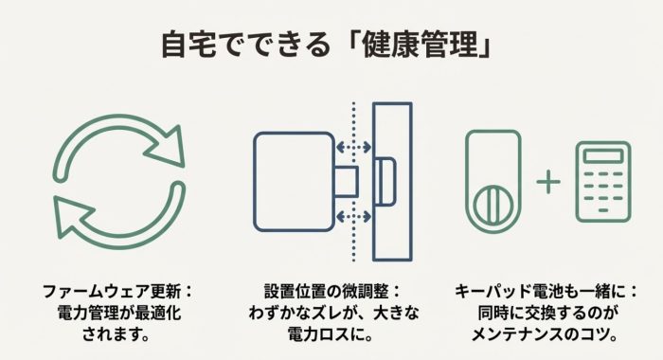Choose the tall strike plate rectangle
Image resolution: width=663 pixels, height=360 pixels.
pyautogui.click(x=391, y=180)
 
